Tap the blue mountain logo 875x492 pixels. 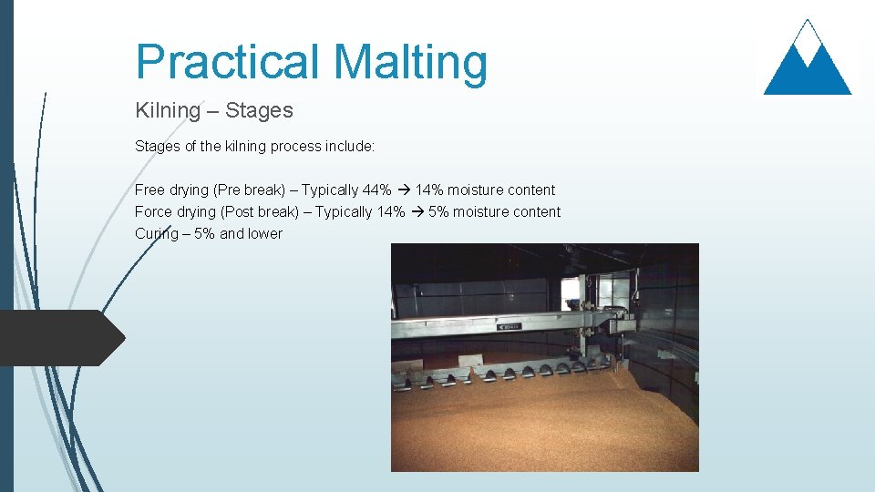tap(807, 59)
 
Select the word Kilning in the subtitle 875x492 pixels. tap(168, 110)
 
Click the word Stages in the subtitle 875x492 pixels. tap(259, 110)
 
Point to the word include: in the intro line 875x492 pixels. tap(349, 146)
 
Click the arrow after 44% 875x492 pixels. tap(402, 190)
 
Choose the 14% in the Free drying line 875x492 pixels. tap(430, 190)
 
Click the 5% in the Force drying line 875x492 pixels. tap(438, 211)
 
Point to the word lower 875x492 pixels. tap(264, 233)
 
